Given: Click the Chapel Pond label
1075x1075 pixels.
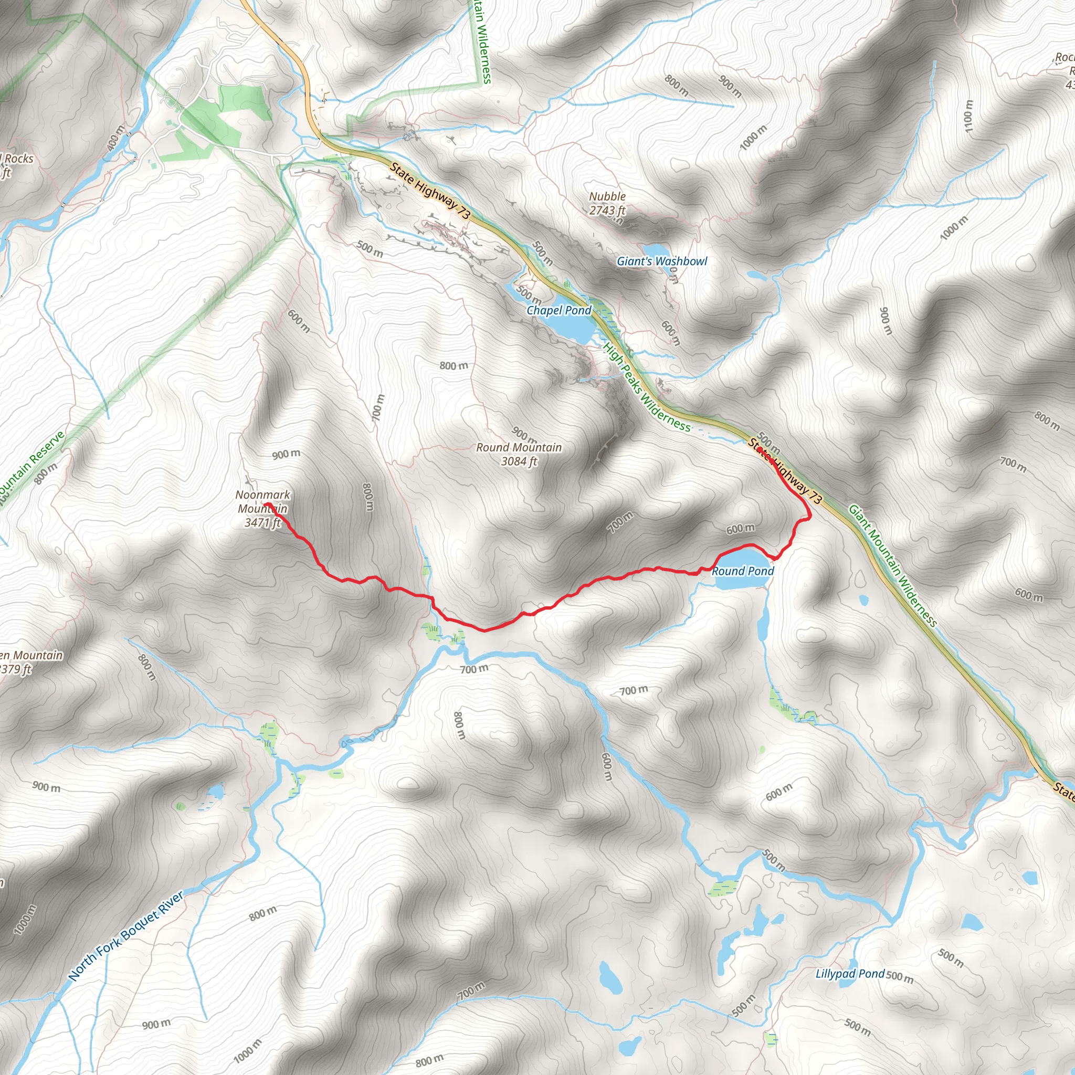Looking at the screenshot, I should [558, 311].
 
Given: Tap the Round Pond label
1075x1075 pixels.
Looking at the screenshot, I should [743, 571].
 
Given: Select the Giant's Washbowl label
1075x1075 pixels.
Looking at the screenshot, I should [661, 261].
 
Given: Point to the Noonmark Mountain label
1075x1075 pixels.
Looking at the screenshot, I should [262, 508].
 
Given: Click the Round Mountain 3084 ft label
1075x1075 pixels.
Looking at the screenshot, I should [519, 454].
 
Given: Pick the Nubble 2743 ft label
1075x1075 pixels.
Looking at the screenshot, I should [607, 203].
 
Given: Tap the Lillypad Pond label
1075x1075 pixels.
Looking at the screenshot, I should [850, 974].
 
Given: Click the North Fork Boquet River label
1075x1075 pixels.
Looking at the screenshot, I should [126, 936].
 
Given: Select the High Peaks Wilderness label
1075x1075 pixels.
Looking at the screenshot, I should [647, 387].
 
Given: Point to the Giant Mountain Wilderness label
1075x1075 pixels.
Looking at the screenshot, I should [892, 566].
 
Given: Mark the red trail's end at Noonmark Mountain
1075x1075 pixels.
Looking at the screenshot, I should [266, 504].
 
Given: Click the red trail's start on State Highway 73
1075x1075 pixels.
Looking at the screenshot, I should [760, 449].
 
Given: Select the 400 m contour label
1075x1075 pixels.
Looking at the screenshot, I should [117, 138].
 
